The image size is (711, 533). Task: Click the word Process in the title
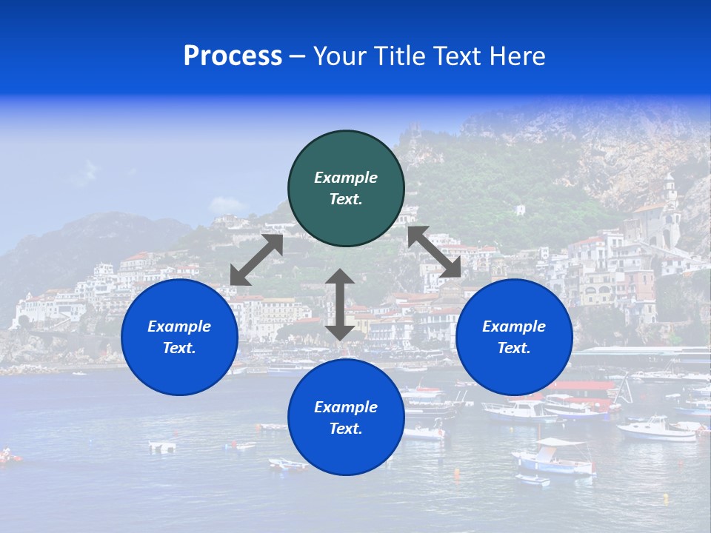tap(233, 56)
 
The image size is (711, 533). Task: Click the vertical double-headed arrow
tap(340, 304)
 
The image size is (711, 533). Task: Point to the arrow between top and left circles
tap(256, 260)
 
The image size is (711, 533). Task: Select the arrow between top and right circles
tap(434, 252)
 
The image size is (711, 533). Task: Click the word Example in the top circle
tap(346, 178)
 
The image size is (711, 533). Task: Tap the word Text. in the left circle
tap(179, 348)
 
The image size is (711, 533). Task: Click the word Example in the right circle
tap(514, 326)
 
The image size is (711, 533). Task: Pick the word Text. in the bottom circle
tap(346, 429)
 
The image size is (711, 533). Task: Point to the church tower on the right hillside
tap(670, 200)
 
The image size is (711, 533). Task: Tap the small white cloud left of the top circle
tap(228, 204)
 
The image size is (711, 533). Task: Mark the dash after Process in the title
tap(297, 57)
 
